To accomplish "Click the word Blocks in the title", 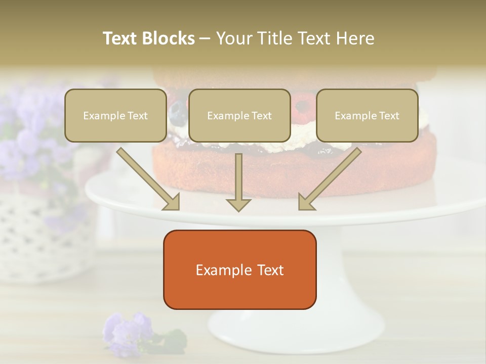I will coord(168,38).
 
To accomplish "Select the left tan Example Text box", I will coord(115,115).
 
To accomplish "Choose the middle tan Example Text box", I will coord(239,115).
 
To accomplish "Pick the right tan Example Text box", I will coord(367,115).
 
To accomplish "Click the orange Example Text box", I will coord(239,269).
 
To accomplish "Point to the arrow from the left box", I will coord(148,179).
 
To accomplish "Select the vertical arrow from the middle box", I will coord(238,183).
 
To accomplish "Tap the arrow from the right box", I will coord(330,179).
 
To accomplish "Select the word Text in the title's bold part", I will coord(121,38).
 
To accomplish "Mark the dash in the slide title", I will coord(205,38).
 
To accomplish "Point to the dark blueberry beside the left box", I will coord(176,108).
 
